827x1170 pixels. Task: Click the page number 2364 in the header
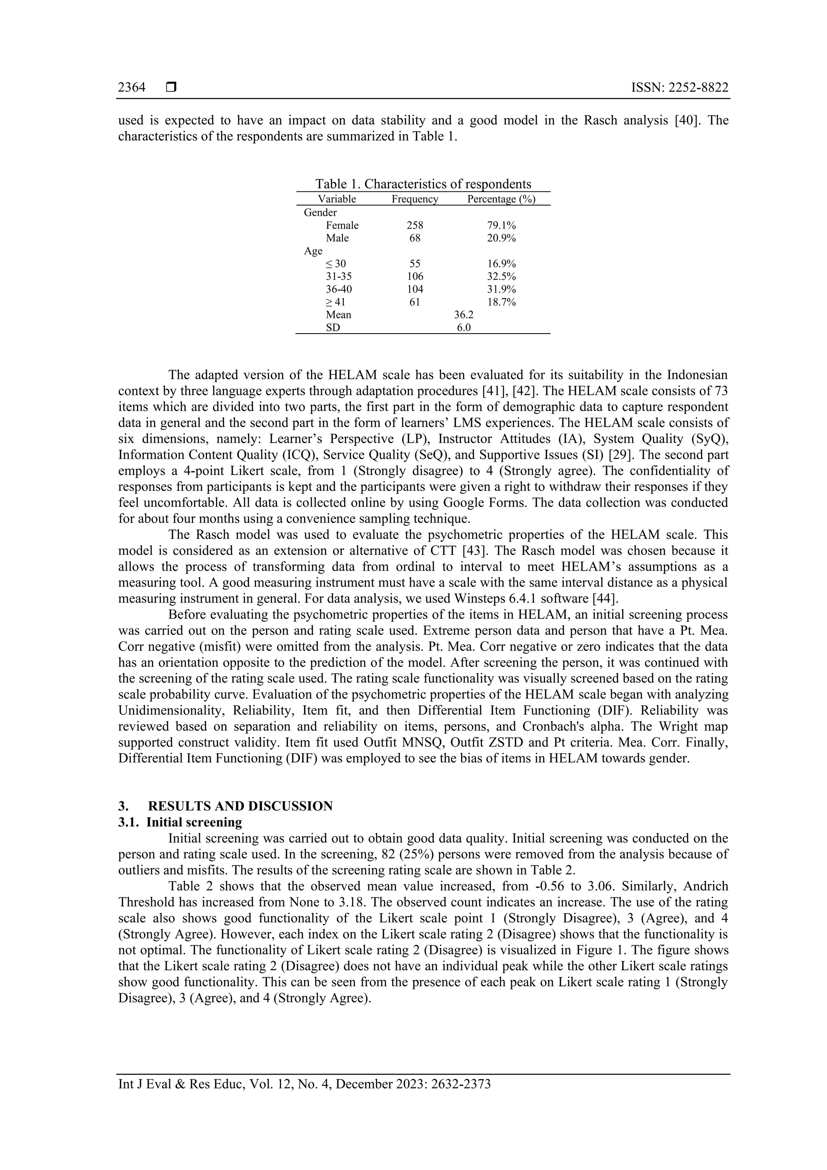tap(132, 88)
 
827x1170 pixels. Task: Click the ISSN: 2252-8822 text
tap(680, 88)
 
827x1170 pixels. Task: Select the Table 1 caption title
tap(422, 184)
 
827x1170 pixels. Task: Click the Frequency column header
tap(414, 199)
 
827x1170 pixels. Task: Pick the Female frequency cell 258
tap(414, 225)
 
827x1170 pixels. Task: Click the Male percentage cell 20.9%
tap(502, 238)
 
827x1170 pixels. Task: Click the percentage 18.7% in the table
tap(502, 302)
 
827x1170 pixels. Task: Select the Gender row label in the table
tap(320, 212)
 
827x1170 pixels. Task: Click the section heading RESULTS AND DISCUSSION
tap(240, 806)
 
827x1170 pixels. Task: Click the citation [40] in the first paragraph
tap(685, 121)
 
